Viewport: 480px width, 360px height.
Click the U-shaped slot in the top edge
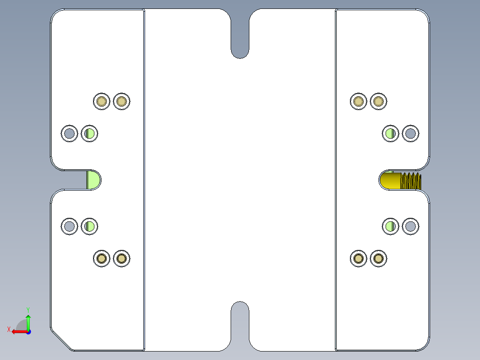[240, 34]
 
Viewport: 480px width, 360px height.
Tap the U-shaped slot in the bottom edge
[240, 326]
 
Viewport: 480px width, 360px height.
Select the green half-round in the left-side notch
[94, 180]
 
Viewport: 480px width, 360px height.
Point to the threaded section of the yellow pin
[411, 181]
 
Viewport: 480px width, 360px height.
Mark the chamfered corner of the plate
[61, 340]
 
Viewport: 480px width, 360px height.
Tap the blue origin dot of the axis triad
[28, 332]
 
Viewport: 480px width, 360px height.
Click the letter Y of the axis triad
[28, 310]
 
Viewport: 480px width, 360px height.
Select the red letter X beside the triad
[9, 329]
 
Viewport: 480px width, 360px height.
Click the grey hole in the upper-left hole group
[69, 134]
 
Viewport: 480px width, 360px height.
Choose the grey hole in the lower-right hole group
[411, 227]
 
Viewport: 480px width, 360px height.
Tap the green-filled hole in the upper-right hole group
[391, 134]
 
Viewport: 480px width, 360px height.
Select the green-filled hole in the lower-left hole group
[89, 227]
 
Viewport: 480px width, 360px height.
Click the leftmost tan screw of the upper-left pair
[102, 102]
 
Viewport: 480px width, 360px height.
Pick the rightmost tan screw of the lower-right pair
[378, 258]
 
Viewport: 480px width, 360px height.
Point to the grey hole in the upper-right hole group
[411, 134]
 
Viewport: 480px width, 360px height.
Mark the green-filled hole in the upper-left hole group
[89, 134]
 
